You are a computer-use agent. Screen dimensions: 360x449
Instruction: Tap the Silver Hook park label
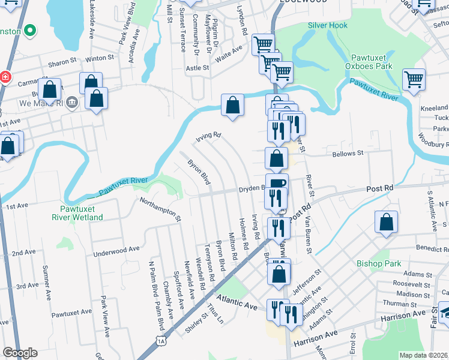328,25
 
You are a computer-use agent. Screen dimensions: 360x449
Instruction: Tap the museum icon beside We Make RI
73,103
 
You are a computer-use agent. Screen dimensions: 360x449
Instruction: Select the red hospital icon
5,77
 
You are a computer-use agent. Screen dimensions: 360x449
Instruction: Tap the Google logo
20,353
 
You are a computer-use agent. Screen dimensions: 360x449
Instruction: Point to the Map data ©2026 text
423,355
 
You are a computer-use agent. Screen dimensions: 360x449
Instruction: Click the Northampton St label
161,208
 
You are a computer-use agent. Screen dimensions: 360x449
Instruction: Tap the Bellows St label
348,153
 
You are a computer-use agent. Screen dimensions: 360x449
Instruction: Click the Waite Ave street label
229,52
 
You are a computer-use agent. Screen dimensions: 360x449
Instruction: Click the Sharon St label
62,61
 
